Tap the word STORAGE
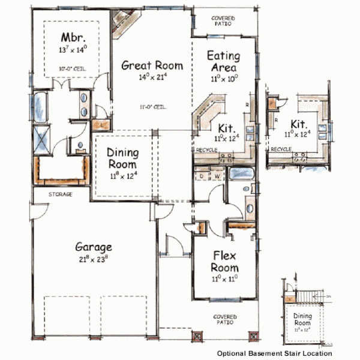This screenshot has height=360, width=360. click(x=60, y=195)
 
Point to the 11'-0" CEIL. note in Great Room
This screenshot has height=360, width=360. click(x=151, y=107)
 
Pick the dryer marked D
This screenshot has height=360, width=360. click(x=202, y=176)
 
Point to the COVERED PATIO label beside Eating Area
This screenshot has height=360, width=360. click(x=223, y=21)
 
